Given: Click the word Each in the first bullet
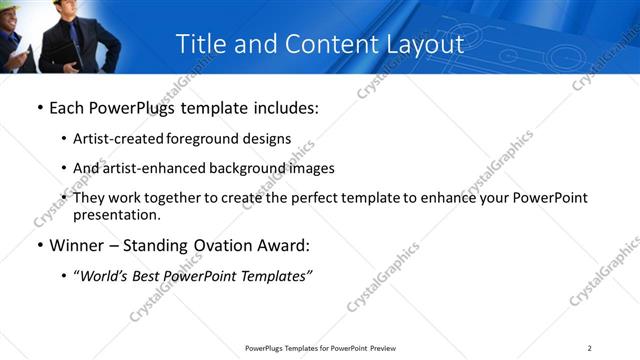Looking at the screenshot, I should point(67,107).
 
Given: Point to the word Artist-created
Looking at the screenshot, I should point(118,138).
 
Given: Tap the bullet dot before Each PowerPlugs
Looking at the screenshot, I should point(39,108).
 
